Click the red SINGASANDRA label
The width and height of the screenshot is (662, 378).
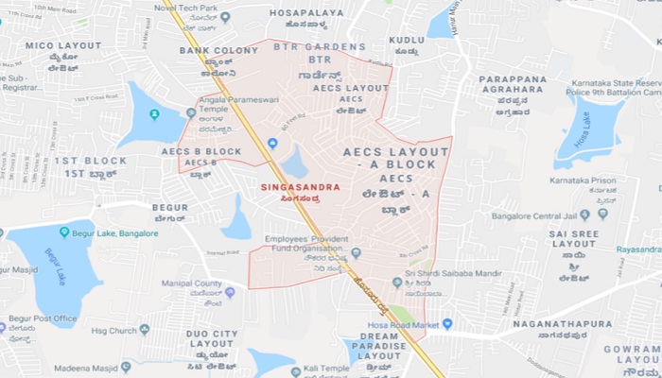tap(300, 187)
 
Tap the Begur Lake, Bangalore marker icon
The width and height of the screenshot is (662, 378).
tap(64, 232)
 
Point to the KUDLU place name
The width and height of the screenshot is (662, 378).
tap(406, 40)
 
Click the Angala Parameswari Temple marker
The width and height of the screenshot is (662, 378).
tap(191, 112)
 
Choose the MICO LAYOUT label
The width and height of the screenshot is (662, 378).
tap(62, 45)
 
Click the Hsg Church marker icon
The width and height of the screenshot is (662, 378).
tap(145, 329)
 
